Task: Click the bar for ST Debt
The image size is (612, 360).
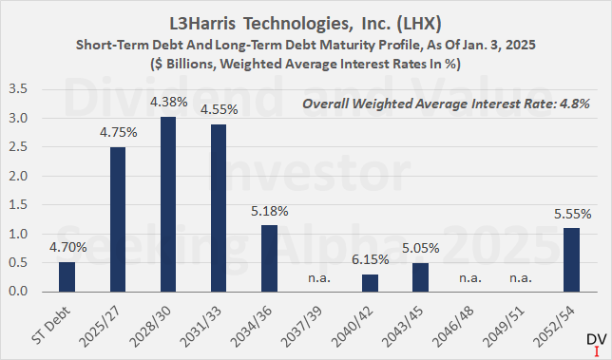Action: [67, 276]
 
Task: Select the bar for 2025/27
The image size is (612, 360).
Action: [118, 219]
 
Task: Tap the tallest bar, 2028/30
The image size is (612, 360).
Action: [167, 204]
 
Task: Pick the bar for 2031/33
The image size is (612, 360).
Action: [218, 208]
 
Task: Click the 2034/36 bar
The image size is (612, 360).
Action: [268, 257]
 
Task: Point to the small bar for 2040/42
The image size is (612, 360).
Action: [369, 283]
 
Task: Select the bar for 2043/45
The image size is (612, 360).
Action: [419, 277]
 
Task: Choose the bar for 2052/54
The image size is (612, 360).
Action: [570, 259]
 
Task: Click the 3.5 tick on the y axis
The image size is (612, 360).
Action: [28, 89]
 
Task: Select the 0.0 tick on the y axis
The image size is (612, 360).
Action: [28, 292]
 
